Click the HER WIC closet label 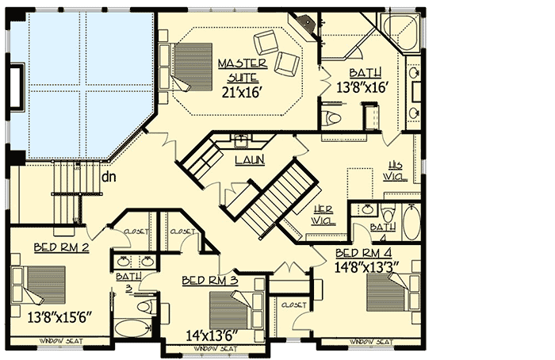(x=320, y=216)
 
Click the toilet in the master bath (x=333, y=119)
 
